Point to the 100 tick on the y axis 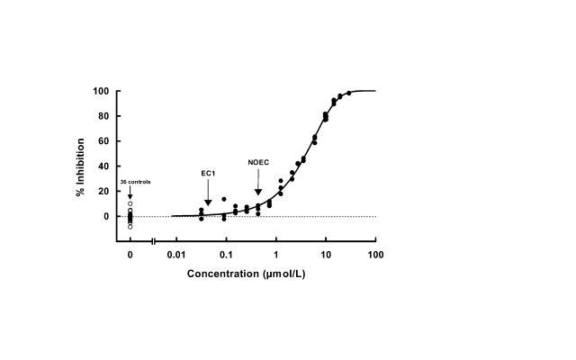tap(101, 91)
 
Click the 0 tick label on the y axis tap(106, 217)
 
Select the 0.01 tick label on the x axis tap(175, 255)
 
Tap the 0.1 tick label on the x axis tap(226, 255)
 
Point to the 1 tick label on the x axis tap(276, 255)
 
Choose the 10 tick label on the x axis tap(327, 255)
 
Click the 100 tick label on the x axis tap(376, 255)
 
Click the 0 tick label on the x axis tap(130, 255)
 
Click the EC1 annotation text tap(208, 172)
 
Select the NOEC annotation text tap(258, 163)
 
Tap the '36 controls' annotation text tap(135, 182)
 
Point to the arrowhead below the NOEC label tap(258, 192)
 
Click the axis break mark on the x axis tap(153, 241)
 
